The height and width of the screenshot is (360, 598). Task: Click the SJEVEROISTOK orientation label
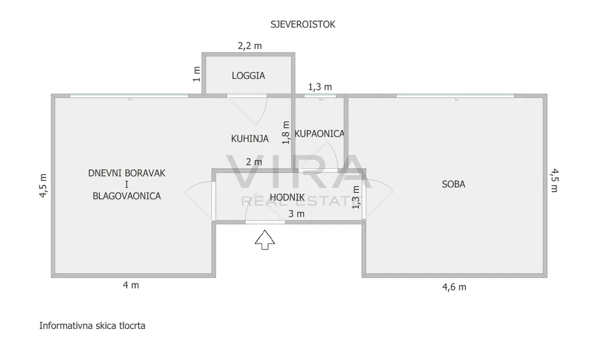303,25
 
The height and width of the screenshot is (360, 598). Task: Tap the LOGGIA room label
248,75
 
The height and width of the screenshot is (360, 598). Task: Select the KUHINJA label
249,139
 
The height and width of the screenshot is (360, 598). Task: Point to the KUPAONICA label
319,134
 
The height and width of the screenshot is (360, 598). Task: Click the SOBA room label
453,184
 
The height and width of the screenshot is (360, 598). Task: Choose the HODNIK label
287,198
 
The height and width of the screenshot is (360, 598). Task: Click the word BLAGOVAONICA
127,196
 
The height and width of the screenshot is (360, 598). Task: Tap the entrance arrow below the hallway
265,239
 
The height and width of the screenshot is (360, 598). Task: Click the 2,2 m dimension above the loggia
249,45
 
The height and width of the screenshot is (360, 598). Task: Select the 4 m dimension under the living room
131,285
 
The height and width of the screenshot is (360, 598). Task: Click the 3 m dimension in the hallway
297,214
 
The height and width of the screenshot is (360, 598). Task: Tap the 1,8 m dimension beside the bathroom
286,132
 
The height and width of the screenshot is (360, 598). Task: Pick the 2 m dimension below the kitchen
254,162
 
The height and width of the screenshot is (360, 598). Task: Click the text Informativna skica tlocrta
92,326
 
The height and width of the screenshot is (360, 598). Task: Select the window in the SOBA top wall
455,95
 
